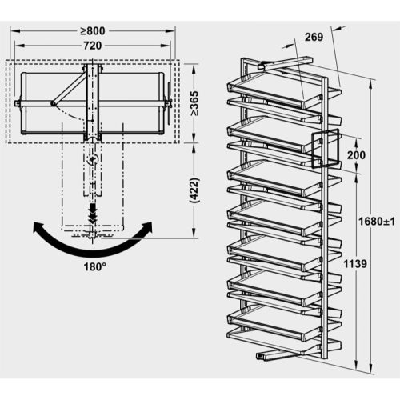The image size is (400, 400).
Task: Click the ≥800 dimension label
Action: (94, 31)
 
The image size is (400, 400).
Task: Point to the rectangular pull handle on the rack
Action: (328, 147)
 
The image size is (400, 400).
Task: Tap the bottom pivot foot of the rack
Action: (272, 352)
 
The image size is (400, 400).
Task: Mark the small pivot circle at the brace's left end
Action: (54, 102)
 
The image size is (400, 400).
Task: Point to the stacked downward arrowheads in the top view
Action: (94, 214)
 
